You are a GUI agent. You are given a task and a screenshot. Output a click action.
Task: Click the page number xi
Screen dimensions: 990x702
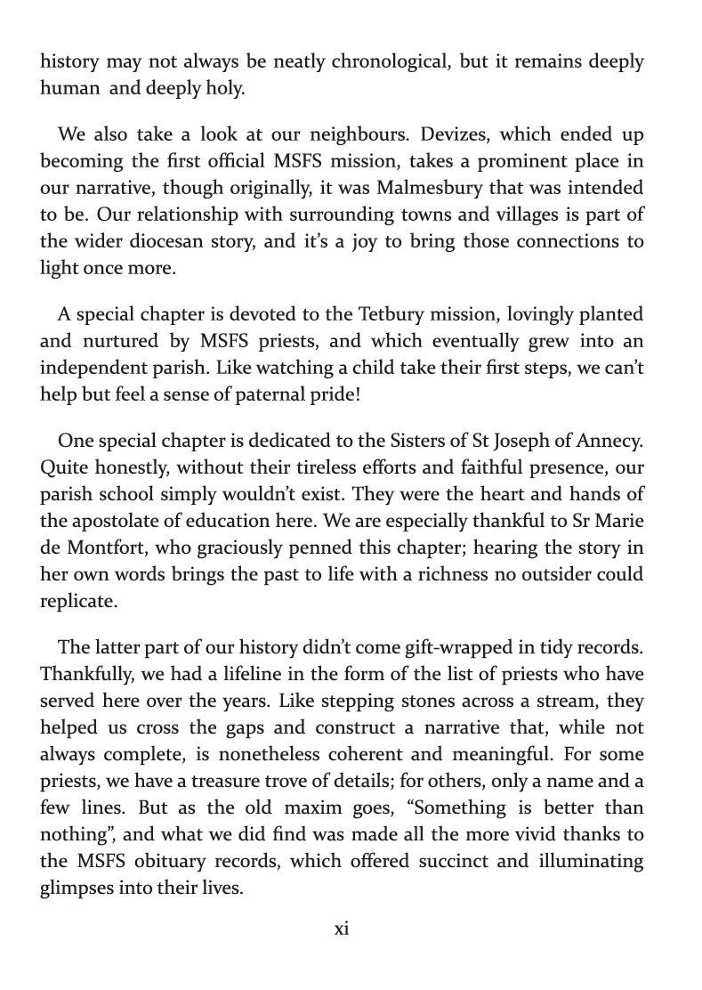click(342, 929)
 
